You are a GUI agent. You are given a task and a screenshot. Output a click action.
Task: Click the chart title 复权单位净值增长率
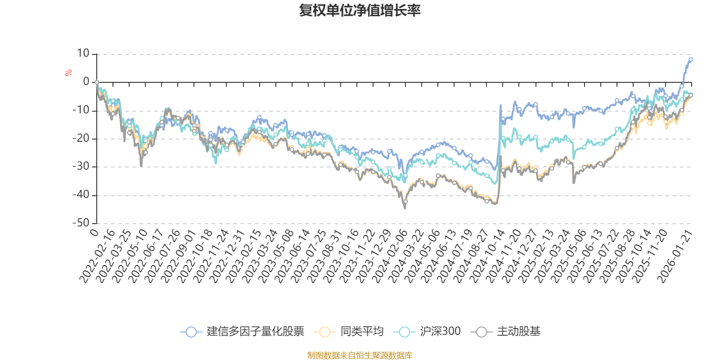click(x=360, y=10)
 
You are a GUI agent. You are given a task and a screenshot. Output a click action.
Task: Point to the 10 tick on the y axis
click(x=83, y=54)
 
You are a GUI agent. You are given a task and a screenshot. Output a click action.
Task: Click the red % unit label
click(x=68, y=73)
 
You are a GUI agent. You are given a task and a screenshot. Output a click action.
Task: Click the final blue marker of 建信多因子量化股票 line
click(x=691, y=59)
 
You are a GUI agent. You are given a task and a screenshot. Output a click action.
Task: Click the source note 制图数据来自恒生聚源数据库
click(x=360, y=355)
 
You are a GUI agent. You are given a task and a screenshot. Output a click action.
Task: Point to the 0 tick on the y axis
click(x=86, y=82)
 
